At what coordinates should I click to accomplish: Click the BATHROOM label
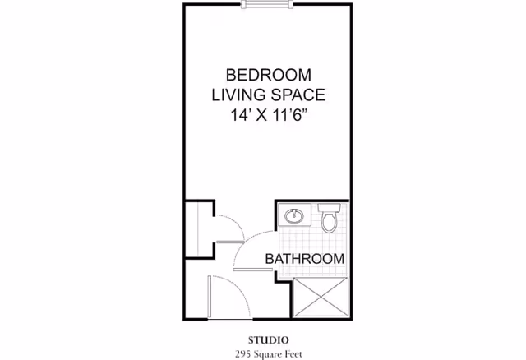pyautogui.click(x=304, y=259)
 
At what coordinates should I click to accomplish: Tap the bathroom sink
pyautogui.click(x=293, y=217)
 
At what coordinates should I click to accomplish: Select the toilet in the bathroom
pyautogui.click(x=330, y=220)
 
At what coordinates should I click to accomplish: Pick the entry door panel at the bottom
pyautogui.click(x=211, y=296)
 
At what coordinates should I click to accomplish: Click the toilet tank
pyautogui.click(x=330, y=207)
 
